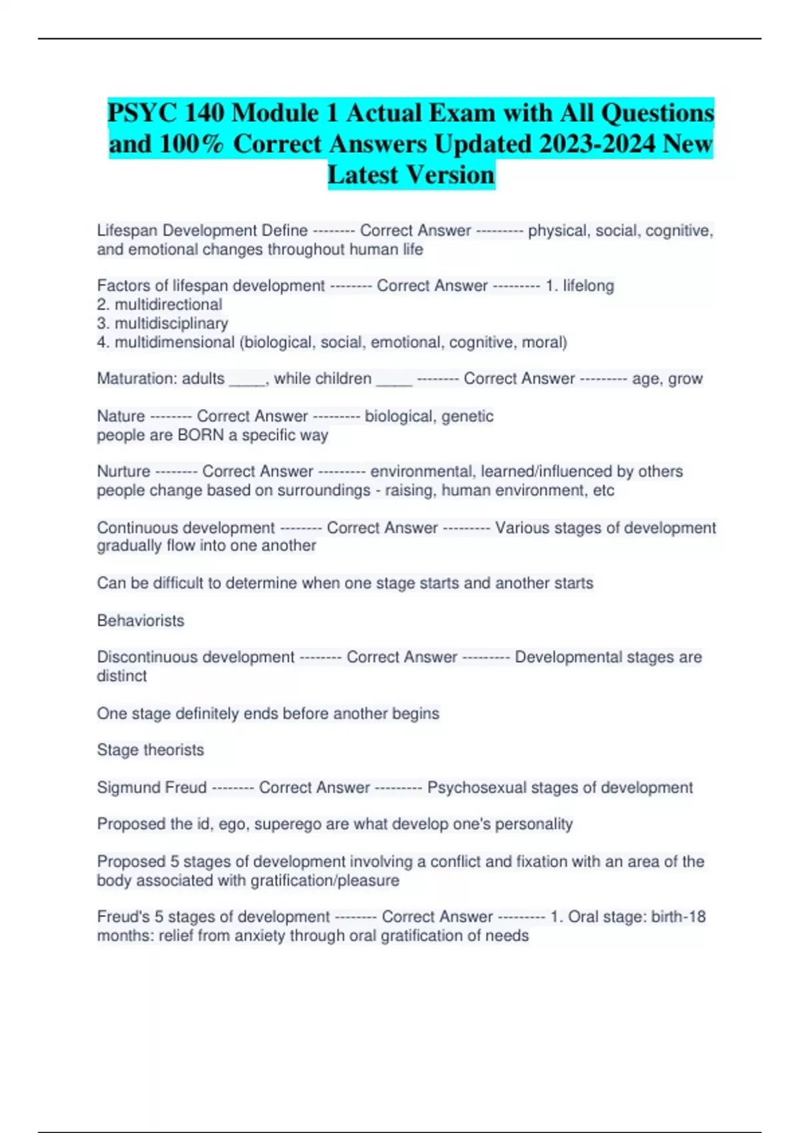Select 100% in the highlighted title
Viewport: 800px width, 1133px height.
(x=193, y=144)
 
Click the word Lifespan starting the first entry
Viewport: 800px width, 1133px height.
(x=127, y=231)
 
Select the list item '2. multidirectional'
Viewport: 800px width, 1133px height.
(x=160, y=305)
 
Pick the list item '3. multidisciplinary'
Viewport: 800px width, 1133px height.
(x=163, y=323)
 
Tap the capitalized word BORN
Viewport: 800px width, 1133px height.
(x=201, y=435)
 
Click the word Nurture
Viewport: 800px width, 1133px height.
(x=123, y=471)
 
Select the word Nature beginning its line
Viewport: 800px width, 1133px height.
(x=121, y=417)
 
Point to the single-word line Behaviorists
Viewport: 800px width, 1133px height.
(x=141, y=620)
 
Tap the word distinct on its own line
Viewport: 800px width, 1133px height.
(x=121, y=676)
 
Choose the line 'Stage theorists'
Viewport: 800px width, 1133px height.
(x=151, y=750)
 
